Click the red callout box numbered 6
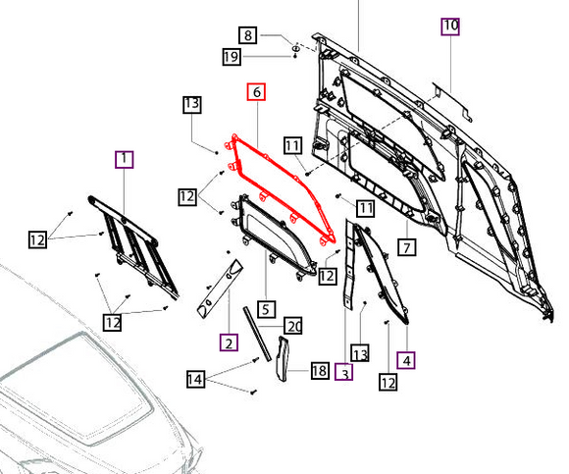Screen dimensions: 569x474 pyautogui.click(x=256, y=92)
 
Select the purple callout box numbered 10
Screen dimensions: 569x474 pyautogui.click(x=450, y=26)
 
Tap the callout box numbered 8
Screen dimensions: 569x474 pyautogui.click(x=248, y=35)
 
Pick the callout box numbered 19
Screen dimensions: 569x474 pyautogui.click(x=232, y=57)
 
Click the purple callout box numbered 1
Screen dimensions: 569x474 pyautogui.click(x=125, y=160)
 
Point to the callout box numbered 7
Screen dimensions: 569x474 pyautogui.click(x=407, y=248)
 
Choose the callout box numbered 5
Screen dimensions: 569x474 pyautogui.click(x=266, y=309)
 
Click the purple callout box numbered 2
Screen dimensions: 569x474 pyautogui.click(x=229, y=342)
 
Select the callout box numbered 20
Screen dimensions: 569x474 pyautogui.click(x=293, y=326)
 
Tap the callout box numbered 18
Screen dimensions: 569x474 pyautogui.click(x=320, y=371)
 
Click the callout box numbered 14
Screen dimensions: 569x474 pyautogui.click(x=195, y=379)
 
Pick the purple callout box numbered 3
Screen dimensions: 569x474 pyautogui.click(x=343, y=372)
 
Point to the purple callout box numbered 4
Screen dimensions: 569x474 pyautogui.click(x=406, y=360)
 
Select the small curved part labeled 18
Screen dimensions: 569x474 pyautogui.click(x=283, y=358)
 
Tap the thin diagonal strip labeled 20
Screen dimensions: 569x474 pyautogui.click(x=257, y=334)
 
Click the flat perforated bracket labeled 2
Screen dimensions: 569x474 pyautogui.click(x=220, y=289)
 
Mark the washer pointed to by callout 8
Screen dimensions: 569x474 pyautogui.click(x=295, y=48)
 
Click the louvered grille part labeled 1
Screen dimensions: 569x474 pyautogui.click(x=132, y=245)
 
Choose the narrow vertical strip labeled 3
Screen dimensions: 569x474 pyautogui.click(x=348, y=264)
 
